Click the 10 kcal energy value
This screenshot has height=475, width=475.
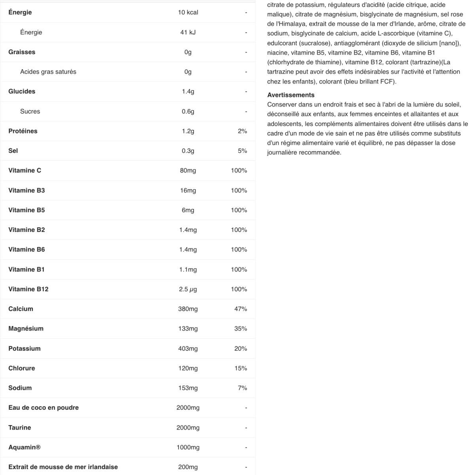tap(188, 12)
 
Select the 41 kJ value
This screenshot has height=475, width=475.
tap(188, 32)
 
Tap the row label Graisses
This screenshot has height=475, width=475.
tap(22, 52)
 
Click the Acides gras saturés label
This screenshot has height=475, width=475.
tap(48, 72)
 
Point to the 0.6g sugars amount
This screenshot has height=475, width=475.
tap(188, 111)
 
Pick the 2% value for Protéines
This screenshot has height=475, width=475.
tap(242, 131)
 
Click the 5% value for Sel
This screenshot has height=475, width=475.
tap(242, 151)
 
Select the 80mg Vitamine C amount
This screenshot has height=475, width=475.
tap(188, 171)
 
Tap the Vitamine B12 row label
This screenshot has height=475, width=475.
tap(28, 289)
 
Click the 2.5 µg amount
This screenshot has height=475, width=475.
tap(188, 289)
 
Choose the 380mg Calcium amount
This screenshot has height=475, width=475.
tap(188, 309)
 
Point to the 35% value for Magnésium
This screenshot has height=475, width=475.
tap(241, 329)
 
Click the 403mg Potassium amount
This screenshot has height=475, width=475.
tap(188, 348)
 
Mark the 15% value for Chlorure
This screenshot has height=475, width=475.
tap(241, 368)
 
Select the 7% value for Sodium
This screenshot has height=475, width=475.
tap(242, 388)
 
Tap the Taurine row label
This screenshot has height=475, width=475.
tap(20, 427)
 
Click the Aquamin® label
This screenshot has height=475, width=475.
tap(25, 447)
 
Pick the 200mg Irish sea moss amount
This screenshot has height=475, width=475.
tap(188, 467)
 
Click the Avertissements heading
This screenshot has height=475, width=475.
tap(291, 95)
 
